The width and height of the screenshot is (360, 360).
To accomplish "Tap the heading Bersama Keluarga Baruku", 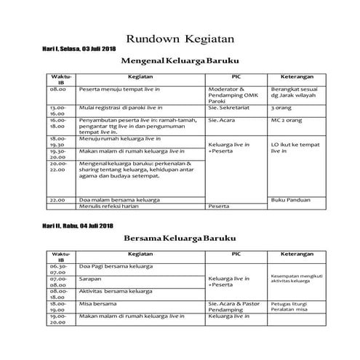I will coord(180,237).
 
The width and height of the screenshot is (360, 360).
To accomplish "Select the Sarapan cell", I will coord(92,278).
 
